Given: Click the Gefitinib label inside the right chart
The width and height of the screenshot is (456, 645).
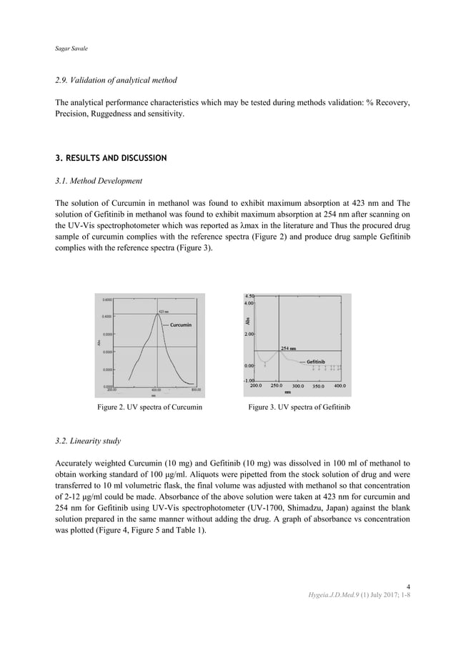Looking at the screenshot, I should click(x=317, y=363).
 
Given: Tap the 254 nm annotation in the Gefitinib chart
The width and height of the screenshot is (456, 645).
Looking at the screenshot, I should click(x=289, y=348).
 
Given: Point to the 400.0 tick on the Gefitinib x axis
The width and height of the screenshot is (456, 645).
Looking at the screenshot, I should click(x=340, y=386).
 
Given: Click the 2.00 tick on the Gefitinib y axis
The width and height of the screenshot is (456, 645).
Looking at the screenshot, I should click(x=251, y=334).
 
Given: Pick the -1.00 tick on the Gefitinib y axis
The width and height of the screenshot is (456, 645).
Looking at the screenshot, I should click(x=251, y=380).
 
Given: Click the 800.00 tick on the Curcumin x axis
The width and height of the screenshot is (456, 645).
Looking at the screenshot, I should click(x=195, y=390).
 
